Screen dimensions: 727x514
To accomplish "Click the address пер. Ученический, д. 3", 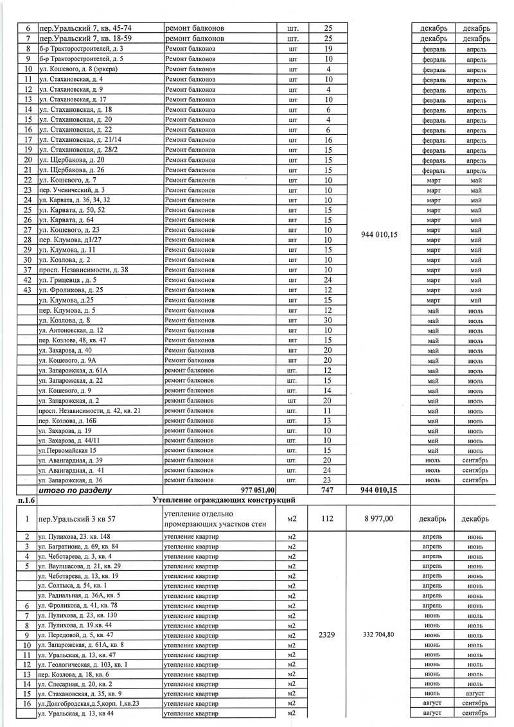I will (x=72, y=190).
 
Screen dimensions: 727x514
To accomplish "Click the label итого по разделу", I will (x=76, y=490).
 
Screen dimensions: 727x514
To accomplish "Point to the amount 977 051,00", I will (x=257, y=490).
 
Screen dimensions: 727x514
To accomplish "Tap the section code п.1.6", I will (x=26, y=500).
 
